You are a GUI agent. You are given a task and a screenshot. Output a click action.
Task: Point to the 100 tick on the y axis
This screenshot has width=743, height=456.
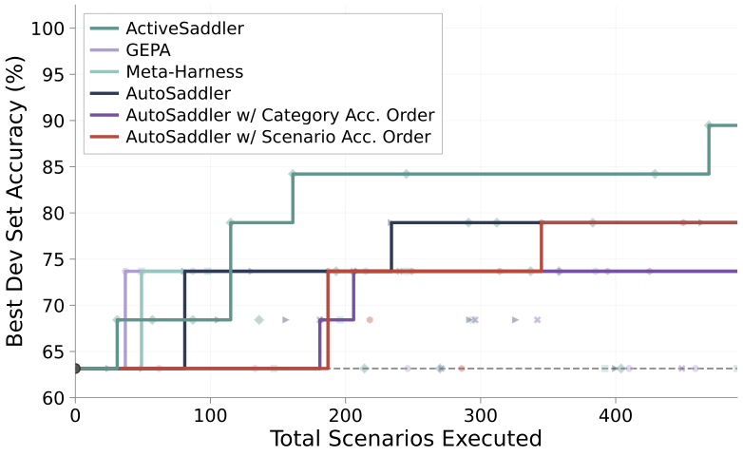tap(48, 28)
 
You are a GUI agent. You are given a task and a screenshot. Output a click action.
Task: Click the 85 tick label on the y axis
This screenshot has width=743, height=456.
tap(53, 167)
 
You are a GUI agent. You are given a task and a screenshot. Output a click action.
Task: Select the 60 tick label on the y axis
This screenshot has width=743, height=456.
tap(53, 398)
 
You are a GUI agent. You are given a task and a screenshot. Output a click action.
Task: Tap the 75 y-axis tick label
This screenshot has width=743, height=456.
tap(53, 259)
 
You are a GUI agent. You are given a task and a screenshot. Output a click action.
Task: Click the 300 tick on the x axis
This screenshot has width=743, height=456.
tap(481, 416)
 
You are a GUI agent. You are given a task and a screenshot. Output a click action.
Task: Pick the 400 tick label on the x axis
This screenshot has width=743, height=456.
tap(615, 416)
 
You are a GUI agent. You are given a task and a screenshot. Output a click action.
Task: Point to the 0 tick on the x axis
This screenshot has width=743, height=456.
tap(75, 416)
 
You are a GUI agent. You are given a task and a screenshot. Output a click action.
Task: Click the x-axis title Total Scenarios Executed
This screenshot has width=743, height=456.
tap(406, 439)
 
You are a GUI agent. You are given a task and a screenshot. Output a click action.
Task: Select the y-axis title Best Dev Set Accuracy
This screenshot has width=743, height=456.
tap(15, 201)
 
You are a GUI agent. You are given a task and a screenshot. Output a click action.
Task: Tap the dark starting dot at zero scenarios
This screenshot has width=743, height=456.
tap(76, 369)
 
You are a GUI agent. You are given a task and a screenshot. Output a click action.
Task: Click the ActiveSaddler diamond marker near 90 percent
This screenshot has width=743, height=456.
tap(709, 125)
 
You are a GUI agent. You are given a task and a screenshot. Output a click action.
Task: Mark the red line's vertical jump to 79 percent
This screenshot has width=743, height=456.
tap(542, 246)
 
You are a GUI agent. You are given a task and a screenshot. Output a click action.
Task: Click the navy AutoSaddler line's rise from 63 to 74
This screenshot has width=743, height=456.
tap(184, 320)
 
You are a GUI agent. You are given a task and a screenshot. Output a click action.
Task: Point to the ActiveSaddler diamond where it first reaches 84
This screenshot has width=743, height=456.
tap(293, 174)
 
